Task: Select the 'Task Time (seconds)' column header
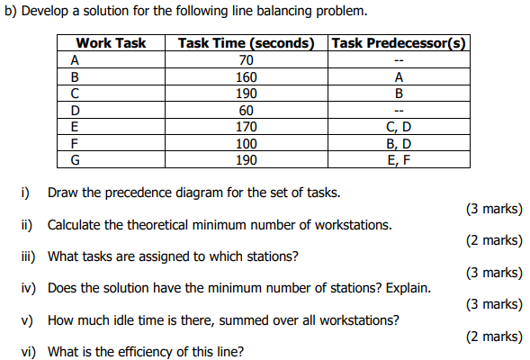click(x=246, y=43)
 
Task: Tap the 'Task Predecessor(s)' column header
click(x=399, y=43)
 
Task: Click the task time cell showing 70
click(x=246, y=60)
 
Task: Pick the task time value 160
click(x=246, y=76)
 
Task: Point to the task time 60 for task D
click(x=246, y=110)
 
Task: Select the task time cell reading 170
click(x=246, y=127)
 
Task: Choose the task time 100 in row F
click(x=246, y=143)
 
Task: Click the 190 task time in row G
click(x=246, y=159)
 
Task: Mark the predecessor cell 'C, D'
click(x=399, y=127)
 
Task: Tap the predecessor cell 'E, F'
click(x=399, y=159)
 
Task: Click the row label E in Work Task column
click(x=73, y=127)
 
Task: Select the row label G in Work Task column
click(x=74, y=159)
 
